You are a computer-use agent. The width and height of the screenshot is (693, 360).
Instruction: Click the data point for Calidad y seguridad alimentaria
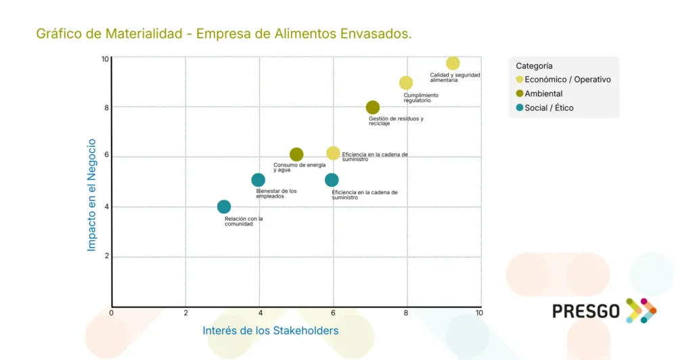pos(453,64)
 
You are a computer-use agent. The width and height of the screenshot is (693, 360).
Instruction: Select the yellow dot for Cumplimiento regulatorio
pos(406,83)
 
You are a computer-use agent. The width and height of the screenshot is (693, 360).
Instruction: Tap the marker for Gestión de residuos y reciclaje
pos(373,108)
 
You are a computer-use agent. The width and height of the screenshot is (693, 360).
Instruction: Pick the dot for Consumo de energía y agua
pos(296,155)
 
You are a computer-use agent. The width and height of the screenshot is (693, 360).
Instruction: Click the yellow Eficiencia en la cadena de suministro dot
pos(333,154)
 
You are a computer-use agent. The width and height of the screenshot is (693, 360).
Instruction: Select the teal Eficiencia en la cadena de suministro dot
pos(332,180)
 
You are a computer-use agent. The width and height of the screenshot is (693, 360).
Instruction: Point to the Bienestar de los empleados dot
pos(258,180)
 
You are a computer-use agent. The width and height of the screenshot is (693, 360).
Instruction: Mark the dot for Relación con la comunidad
pos(224,207)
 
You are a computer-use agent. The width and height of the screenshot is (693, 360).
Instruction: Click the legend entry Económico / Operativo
pos(567,80)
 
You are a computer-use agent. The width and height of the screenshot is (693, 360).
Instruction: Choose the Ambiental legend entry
pos(543,94)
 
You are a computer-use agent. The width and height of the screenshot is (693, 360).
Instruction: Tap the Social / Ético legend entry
pos(549,108)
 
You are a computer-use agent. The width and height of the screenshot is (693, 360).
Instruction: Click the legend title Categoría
pos(534,66)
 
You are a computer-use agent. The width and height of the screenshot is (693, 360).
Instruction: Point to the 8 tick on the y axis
pos(106,108)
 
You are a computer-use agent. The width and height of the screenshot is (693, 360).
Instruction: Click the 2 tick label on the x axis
pos(185,313)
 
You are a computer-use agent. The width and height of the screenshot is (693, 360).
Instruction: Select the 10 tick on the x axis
pos(479,313)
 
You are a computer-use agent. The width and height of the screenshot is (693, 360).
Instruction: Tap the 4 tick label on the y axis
pos(106,207)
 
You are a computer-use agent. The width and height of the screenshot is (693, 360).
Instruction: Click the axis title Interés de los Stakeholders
pos(270,331)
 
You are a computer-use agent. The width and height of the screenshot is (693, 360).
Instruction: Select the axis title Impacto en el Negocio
pos(92,195)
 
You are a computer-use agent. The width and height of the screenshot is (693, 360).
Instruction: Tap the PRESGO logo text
pos(586,311)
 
